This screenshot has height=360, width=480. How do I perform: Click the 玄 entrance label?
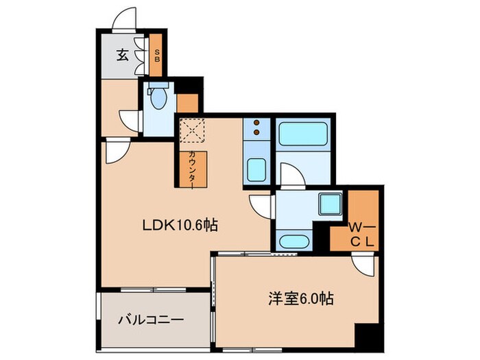(121, 56)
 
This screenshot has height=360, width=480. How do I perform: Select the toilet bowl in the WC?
(158, 99)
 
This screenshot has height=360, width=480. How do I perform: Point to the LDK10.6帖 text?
(180, 225)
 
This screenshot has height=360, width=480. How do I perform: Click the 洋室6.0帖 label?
(300, 299)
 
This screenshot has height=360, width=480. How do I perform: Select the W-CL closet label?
(361, 233)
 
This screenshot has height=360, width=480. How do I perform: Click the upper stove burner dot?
(258, 123)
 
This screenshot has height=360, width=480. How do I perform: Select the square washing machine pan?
(331, 204)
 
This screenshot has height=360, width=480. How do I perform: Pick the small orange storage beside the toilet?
(187, 102)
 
